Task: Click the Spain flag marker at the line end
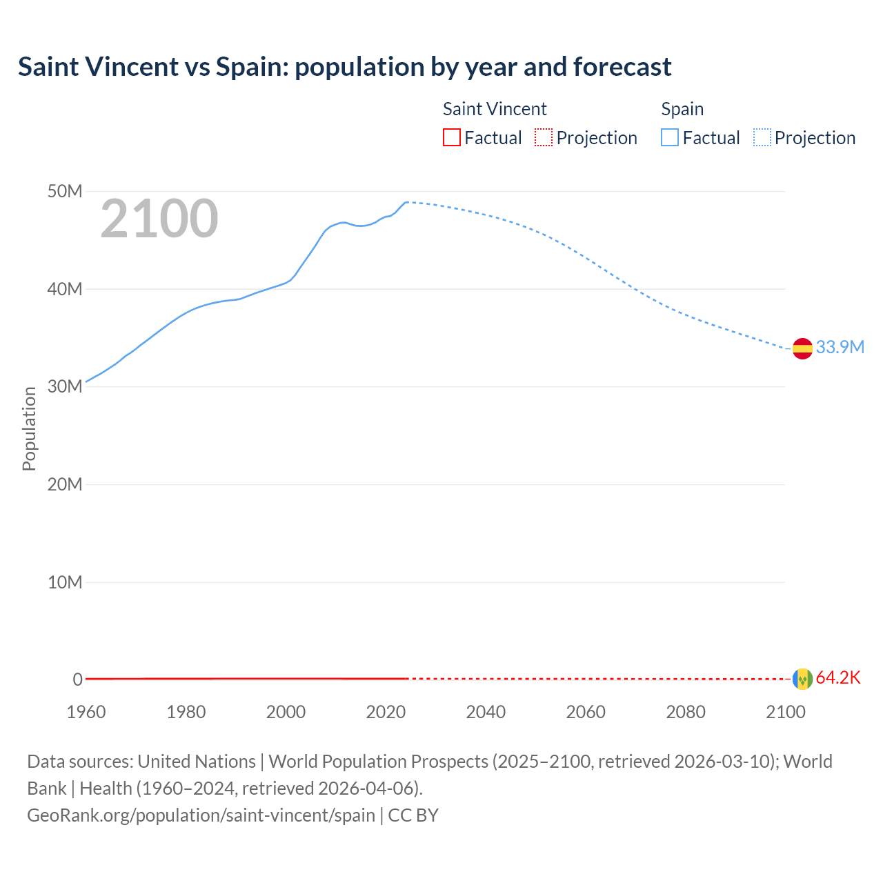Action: pos(802,348)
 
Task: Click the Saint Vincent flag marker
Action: pos(802,679)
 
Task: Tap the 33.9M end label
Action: pos(840,347)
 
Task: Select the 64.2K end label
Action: pos(838,677)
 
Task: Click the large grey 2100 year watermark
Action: pos(159,219)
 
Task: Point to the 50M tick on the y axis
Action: pos(65,191)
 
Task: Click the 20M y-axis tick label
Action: pos(65,484)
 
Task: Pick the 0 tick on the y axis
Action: pos(77,679)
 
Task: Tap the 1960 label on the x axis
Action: pos(86,712)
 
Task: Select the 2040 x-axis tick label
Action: pos(486,712)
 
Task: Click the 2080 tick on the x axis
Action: pos(686,712)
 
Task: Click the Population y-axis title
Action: pos(29,428)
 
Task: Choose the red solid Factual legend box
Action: pos(452,138)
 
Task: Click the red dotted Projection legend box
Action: pos(544,138)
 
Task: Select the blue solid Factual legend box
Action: pos(670,138)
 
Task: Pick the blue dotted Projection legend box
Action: pos(762,138)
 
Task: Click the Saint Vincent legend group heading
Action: pos(495,109)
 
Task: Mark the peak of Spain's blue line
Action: pos(407,202)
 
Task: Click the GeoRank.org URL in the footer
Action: pos(201,815)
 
